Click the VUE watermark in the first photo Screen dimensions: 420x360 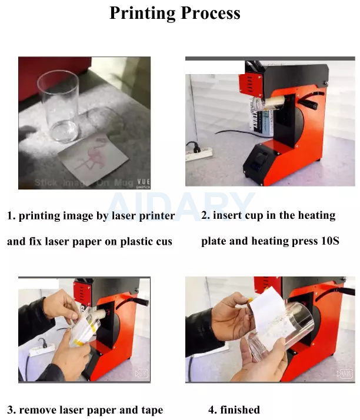point(143,182)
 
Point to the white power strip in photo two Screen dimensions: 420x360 point(199,154)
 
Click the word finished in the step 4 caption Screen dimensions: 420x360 point(240,409)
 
